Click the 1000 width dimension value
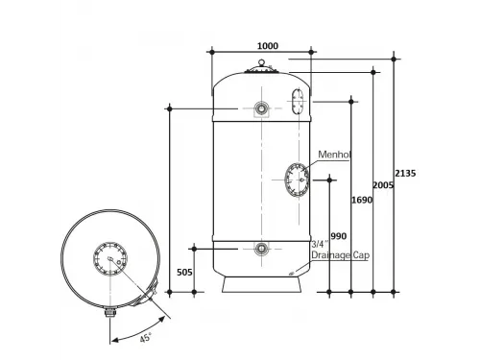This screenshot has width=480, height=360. pos(268,46)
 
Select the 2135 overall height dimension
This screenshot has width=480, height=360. pos(405,173)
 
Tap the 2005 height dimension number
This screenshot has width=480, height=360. pos(383,185)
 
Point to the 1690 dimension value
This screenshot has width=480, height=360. pos(362,200)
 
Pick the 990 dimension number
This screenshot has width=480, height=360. pos(339,236)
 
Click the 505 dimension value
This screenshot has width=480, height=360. pos(184,273)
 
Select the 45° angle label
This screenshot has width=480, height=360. pos(146,337)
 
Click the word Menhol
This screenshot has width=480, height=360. pos(334,155)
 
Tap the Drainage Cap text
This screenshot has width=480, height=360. pos(340,255)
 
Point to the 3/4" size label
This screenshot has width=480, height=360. pos(320,245)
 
